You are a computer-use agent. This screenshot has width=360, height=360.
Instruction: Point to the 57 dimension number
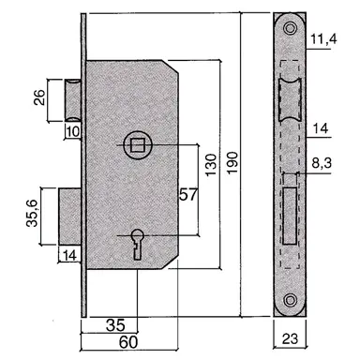click(188, 195)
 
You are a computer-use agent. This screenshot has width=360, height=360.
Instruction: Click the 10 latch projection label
click(72, 131)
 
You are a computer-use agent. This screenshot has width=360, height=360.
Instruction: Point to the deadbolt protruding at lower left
click(71, 215)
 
